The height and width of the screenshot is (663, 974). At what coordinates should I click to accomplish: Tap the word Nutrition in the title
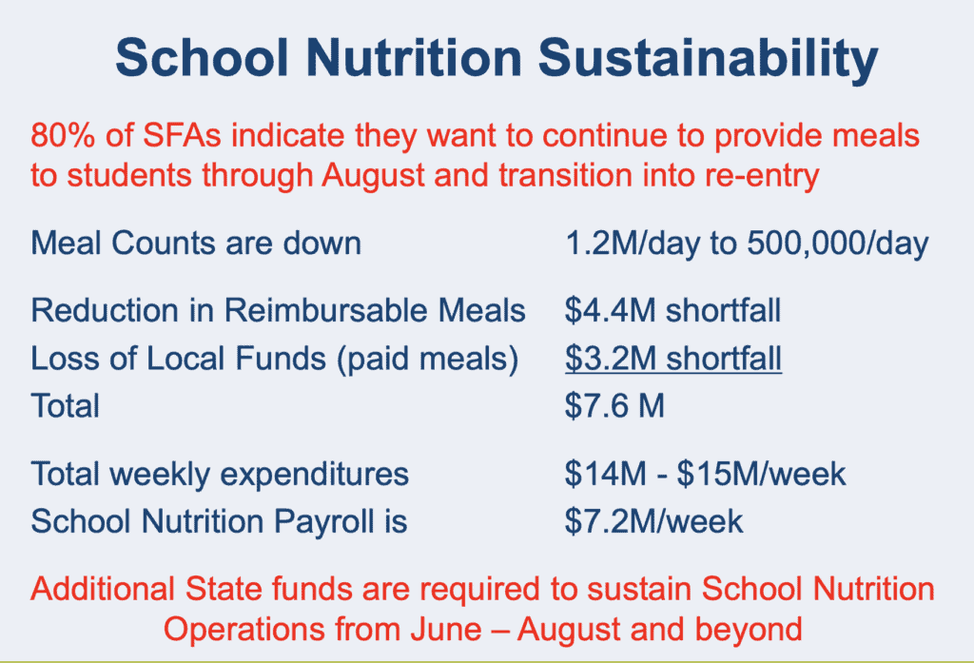(414, 58)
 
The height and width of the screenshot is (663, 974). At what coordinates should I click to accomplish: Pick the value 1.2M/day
(633, 244)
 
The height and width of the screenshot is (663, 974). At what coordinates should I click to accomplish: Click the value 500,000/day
(837, 244)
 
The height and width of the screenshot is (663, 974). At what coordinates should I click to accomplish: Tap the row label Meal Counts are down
(196, 243)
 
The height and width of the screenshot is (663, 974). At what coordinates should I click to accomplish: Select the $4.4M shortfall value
(672, 310)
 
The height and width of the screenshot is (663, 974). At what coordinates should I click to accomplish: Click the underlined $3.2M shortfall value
(673, 359)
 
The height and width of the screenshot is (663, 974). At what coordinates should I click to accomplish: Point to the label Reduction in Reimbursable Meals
(279, 310)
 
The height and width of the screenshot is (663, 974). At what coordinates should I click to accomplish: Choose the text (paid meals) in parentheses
(427, 360)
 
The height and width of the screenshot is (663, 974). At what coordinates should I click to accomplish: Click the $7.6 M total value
(615, 406)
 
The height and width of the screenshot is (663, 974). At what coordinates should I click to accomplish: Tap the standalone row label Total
(66, 406)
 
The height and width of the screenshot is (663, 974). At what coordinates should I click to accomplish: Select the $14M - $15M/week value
(705, 474)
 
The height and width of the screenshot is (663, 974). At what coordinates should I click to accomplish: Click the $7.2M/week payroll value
(653, 521)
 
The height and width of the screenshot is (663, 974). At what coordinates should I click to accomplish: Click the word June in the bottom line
(445, 630)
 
